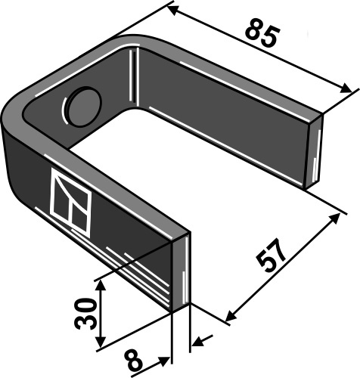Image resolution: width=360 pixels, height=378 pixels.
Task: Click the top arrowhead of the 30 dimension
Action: [x=99, y=283]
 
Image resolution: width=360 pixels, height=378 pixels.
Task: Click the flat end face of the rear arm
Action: [x=315, y=151]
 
